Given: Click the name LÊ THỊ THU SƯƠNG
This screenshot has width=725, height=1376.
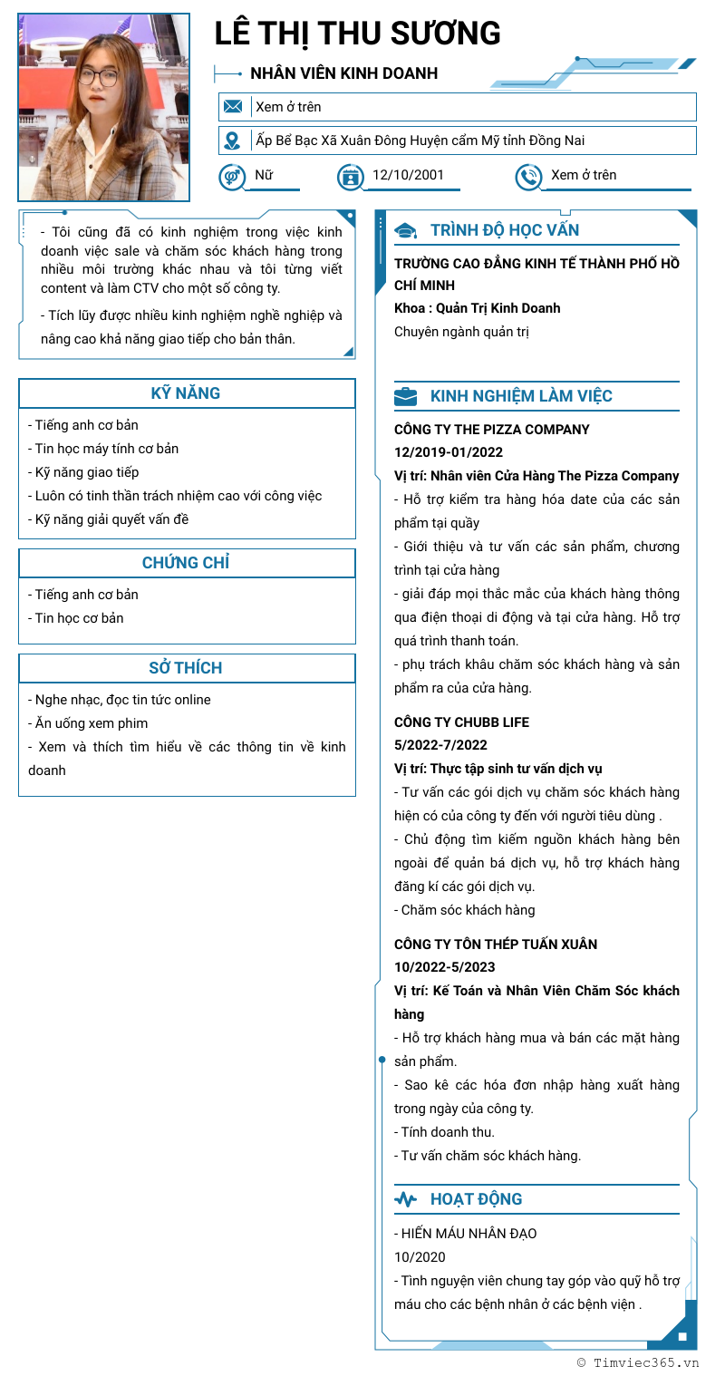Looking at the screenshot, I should (x=357, y=34).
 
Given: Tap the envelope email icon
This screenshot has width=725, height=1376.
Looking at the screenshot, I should (x=233, y=107).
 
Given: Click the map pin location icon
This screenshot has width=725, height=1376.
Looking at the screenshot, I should (x=233, y=141).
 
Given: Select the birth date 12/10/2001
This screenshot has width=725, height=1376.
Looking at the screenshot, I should (x=408, y=175).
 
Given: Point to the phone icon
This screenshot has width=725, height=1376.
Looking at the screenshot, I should (x=528, y=176).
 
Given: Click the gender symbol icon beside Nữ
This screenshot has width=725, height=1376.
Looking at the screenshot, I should (x=232, y=176).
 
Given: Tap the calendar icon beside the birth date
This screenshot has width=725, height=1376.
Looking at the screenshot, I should (x=350, y=176).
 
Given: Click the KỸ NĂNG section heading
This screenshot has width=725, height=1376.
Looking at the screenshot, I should (x=186, y=393).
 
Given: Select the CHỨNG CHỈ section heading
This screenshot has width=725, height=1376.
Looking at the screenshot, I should (x=186, y=563).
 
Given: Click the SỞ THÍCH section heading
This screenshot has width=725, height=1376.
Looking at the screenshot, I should (x=186, y=668).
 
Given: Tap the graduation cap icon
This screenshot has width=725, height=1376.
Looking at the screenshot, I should (x=406, y=230).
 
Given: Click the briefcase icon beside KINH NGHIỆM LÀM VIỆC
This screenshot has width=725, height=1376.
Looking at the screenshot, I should (x=406, y=396).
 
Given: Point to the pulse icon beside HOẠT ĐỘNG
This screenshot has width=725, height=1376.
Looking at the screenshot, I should (x=406, y=1199).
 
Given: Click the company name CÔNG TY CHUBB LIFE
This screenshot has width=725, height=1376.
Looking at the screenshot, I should (x=461, y=722).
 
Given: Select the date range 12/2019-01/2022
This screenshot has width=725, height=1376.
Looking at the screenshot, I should (x=449, y=452).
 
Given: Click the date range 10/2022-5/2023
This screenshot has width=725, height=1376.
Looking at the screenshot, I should (x=445, y=967).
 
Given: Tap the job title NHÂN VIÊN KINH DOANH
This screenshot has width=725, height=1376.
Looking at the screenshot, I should (x=343, y=73).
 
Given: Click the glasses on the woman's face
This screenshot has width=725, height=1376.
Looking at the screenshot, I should (x=103, y=77).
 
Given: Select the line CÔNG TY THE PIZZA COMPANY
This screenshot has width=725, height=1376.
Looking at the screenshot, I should (x=491, y=430).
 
